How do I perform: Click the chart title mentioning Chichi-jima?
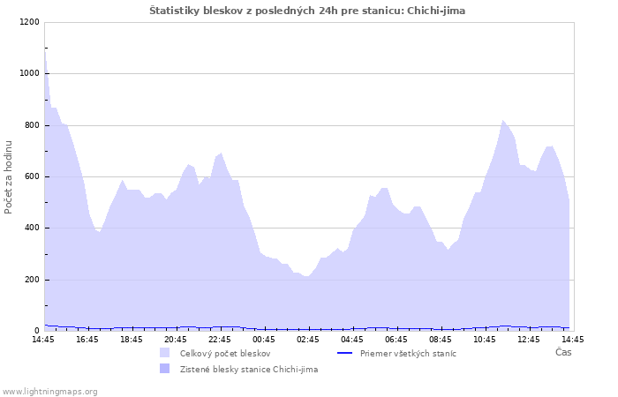(307, 11)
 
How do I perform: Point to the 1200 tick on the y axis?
(29, 22)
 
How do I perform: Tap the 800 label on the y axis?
(32, 125)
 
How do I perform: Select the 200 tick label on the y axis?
(32, 280)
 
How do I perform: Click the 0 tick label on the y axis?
(37, 331)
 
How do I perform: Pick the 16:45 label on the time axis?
(87, 340)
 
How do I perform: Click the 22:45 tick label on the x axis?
(220, 340)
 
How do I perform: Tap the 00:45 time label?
(264, 340)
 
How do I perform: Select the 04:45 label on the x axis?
(352, 340)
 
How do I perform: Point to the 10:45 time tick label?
(485, 340)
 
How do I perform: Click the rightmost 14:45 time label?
(573, 340)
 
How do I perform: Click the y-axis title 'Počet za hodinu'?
(8, 177)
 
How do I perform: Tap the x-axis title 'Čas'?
(563, 352)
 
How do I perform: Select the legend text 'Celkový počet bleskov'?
(225, 353)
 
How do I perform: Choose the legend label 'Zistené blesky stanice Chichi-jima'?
(249, 370)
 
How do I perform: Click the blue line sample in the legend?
(345, 353)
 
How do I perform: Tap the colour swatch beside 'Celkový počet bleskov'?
(165, 353)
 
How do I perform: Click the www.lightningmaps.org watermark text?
(49, 392)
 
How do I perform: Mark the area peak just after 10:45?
(502, 120)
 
